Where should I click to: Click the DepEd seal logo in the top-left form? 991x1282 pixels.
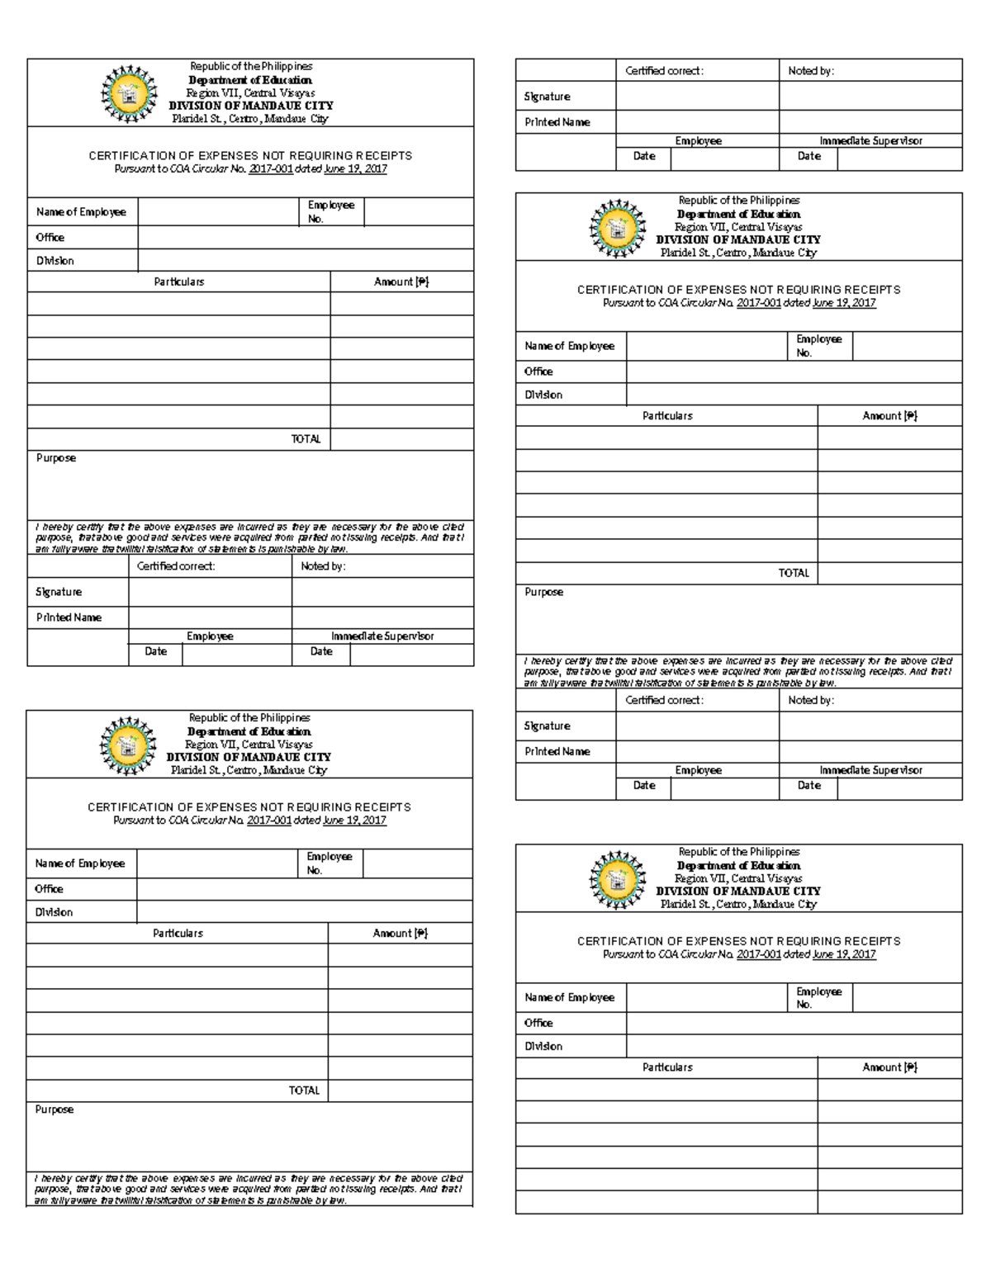(x=127, y=93)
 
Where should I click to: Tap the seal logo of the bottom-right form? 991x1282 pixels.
(x=616, y=879)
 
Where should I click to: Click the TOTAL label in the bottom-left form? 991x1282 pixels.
(x=304, y=1090)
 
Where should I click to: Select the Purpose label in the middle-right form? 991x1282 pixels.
(x=543, y=592)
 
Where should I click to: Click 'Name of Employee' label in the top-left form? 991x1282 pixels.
(x=81, y=212)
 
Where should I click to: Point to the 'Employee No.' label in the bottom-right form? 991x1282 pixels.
(x=818, y=997)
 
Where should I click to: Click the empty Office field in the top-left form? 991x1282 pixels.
(x=306, y=238)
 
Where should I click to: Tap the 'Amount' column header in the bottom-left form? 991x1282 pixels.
(x=400, y=934)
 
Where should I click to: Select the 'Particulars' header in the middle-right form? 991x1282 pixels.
(x=667, y=416)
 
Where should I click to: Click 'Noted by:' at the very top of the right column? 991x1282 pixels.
(x=811, y=71)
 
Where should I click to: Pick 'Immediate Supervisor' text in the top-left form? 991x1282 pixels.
(x=382, y=636)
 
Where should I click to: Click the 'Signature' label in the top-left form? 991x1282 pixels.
(x=59, y=592)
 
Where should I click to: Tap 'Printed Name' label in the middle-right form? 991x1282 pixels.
(x=557, y=751)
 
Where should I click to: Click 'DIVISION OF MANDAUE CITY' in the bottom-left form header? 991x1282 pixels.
(x=249, y=757)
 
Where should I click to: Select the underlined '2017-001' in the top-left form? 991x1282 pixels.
(x=270, y=169)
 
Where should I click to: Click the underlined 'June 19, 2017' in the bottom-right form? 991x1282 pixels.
(x=843, y=954)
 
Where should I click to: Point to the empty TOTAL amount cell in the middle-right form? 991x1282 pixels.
(x=889, y=573)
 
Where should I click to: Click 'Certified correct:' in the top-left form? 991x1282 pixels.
(x=176, y=566)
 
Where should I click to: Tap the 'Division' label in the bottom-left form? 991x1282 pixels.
(x=54, y=912)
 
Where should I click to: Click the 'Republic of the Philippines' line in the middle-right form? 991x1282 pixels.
(x=739, y=201)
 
